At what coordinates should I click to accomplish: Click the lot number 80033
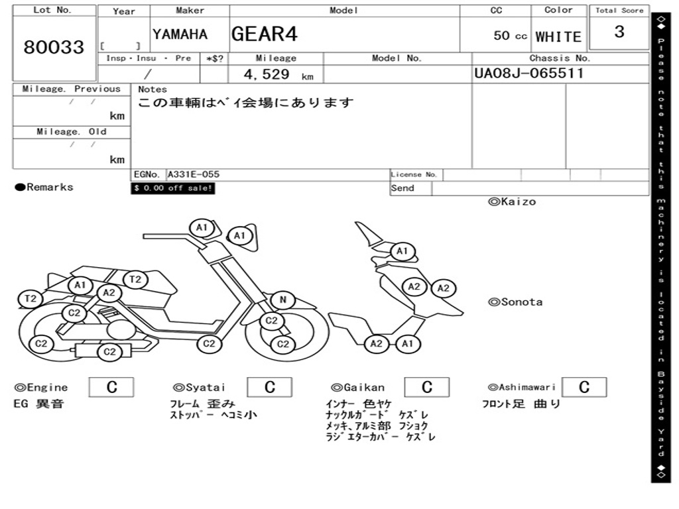tap(54, 47)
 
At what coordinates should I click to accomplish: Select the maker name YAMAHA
tap(180, 34)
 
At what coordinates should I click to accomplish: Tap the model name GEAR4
tap(265, 34)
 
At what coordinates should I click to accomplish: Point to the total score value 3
tap(619, 32)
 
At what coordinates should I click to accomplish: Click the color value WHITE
tap(558, 36)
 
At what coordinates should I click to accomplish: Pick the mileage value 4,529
tap(267, 74)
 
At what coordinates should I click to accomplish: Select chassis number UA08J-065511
tap(528, 73)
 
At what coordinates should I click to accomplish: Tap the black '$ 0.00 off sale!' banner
tap(173, 188)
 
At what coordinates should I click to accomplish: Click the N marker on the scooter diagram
tap(282, 300)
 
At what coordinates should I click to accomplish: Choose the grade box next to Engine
tap(111, 387)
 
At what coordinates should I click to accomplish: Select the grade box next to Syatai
tap(269, 387)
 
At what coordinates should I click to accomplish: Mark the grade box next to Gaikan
tap(426, 387)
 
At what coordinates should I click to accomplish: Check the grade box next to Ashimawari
tap(584, 387)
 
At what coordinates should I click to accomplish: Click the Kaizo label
tap(512, 201)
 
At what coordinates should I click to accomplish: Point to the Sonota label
tap(515, 302)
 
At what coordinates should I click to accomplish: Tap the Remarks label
tap(44, 188)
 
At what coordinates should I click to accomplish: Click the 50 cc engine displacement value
tap(510, 36)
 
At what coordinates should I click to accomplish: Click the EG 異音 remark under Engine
tap(38, 404)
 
